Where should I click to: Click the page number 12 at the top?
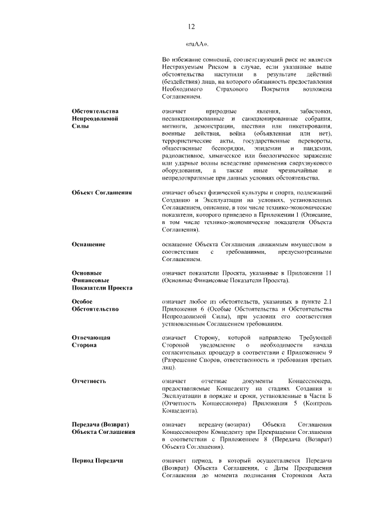tap(191, 26)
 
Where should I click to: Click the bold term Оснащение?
tap(88, 245)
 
